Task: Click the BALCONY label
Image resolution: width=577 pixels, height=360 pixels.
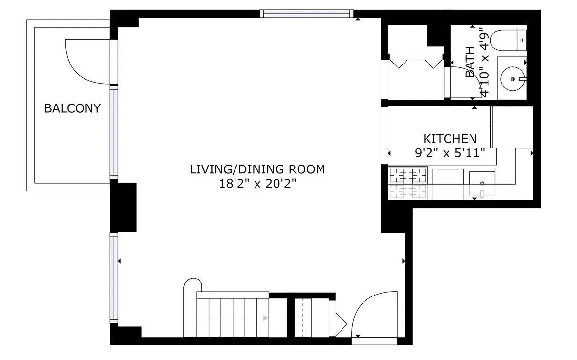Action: pyautogui.click(x=72, y=108)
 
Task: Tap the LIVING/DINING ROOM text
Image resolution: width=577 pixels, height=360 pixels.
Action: pyautogui.click(x=257, y=169)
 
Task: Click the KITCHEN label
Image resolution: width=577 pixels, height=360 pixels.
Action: pyautogui.click(x=449, y=138)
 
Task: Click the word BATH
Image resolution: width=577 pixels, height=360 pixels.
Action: pyautogui.click(x=470, y=62)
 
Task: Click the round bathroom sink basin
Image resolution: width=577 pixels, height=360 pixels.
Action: pyautogui.click(x=512, y=78)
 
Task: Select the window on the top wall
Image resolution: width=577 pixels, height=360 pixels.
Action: pyautogui.click(x=306, y=14)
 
